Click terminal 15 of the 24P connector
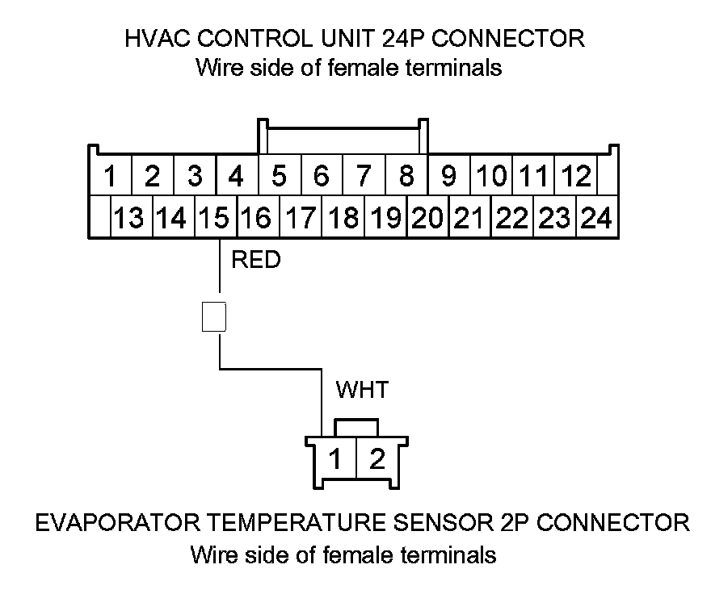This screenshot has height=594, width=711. pyautogui.click(x=216, y=216)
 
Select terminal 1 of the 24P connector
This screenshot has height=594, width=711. pyautogui.click(x=111, y=175)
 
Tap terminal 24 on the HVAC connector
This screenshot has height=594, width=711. pyautogui.click(x=597, y=216)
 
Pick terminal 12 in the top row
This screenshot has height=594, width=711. pyautogui.click(x=576, y=175)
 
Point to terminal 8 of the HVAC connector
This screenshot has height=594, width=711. pyautogui.click(x=406, y=175)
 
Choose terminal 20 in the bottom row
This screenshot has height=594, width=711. pyautogui.click(x=427, y=216)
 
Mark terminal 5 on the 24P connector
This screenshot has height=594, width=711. pyautogui.click(x=280, y=175)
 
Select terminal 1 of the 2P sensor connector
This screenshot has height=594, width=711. pyautogui.click(x=335, y=458)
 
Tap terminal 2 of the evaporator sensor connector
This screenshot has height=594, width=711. pyautogui.click(x=377, y=458)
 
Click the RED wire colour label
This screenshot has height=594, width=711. pyautogui.click(x=256, y=260)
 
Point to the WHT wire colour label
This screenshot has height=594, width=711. pyautogui.click(x=362, y=390)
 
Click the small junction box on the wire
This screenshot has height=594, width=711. pyautogui.click(x=214, y=316)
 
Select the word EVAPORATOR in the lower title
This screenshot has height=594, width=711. pyautogui.click(x=118, y=522)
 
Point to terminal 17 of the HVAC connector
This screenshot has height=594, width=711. pyautogui.click(x=301, y=216)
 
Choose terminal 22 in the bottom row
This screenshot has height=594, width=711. pyautogui.click(x=512, y=216)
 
